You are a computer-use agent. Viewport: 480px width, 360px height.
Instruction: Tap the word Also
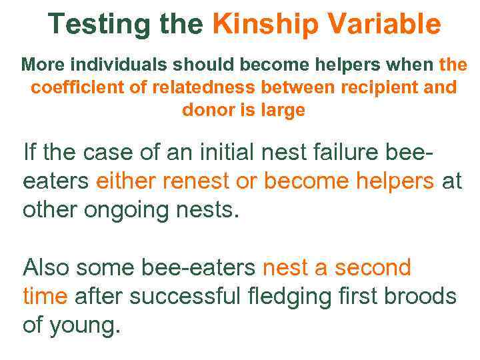[46, 268]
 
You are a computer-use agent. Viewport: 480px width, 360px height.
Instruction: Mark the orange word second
[373, 268]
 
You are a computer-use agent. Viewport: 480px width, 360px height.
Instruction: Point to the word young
[86, 327]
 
